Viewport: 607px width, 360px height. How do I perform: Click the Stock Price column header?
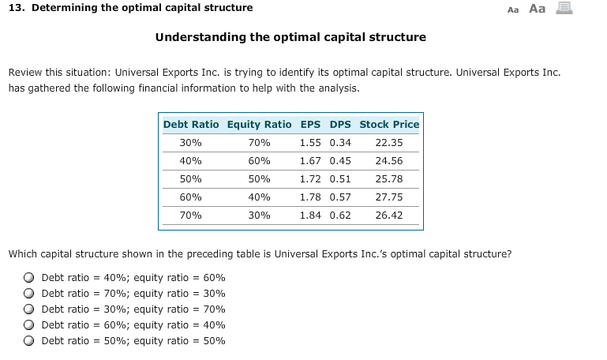[389, 124]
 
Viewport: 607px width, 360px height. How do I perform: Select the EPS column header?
[310, 124]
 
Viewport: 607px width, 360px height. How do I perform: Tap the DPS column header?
[340, 124]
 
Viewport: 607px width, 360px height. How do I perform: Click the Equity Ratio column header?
[259, 124]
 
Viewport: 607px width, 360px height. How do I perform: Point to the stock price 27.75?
[389, 197]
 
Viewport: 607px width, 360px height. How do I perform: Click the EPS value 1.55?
[310, 143]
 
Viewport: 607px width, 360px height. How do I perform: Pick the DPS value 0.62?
[340, 215]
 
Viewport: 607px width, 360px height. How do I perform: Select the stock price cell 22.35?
[389, 143]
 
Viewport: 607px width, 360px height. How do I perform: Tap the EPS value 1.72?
[310, 178]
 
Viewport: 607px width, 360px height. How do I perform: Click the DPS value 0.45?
[340, 160]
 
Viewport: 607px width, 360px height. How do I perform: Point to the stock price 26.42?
[389, 215]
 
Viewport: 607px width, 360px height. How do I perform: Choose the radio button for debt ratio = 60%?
[28, 325]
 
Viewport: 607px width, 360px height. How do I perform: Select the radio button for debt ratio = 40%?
[28, 278]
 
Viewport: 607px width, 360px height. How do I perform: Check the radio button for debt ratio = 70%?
[28, 294]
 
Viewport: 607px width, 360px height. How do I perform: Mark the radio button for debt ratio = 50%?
[28, 341]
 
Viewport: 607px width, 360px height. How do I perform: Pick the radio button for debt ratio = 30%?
[28, 309]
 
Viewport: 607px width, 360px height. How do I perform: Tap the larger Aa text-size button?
[537, 9]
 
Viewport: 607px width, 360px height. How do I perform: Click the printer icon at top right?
[564, 9]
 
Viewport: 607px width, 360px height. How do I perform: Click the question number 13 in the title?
[15, 8]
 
